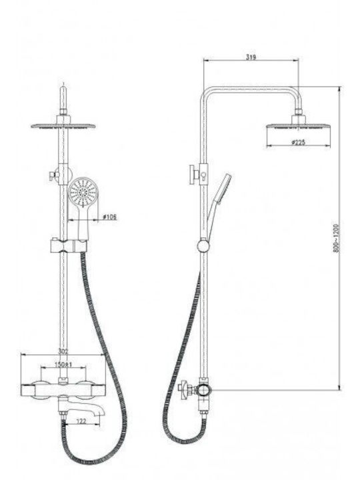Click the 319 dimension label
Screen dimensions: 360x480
[x=251, y=57]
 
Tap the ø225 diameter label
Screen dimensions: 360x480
[x=299, y=143]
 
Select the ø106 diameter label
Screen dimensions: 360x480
[x=109, y=217]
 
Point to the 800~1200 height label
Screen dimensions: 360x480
[x=337, y=239]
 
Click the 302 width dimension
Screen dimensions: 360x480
[x=63, y=351]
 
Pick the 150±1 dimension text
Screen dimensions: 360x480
[x=63, y=365]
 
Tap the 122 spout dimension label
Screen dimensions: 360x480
[x=81, y=421]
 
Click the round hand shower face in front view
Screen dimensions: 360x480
[x=83, y=193]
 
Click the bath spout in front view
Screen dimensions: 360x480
[x=82, y=405]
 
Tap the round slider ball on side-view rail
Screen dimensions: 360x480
[x=203, y=246]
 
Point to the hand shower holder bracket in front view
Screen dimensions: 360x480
[x=69, y=246]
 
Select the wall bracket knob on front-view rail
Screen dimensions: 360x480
[x=54, y=175]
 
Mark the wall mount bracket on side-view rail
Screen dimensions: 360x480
[x=199, y=175]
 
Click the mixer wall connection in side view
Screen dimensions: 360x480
[x=187, y=389]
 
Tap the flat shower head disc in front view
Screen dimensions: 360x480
[x=63, y=126]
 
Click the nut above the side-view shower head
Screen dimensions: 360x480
[x=299, y=111]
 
